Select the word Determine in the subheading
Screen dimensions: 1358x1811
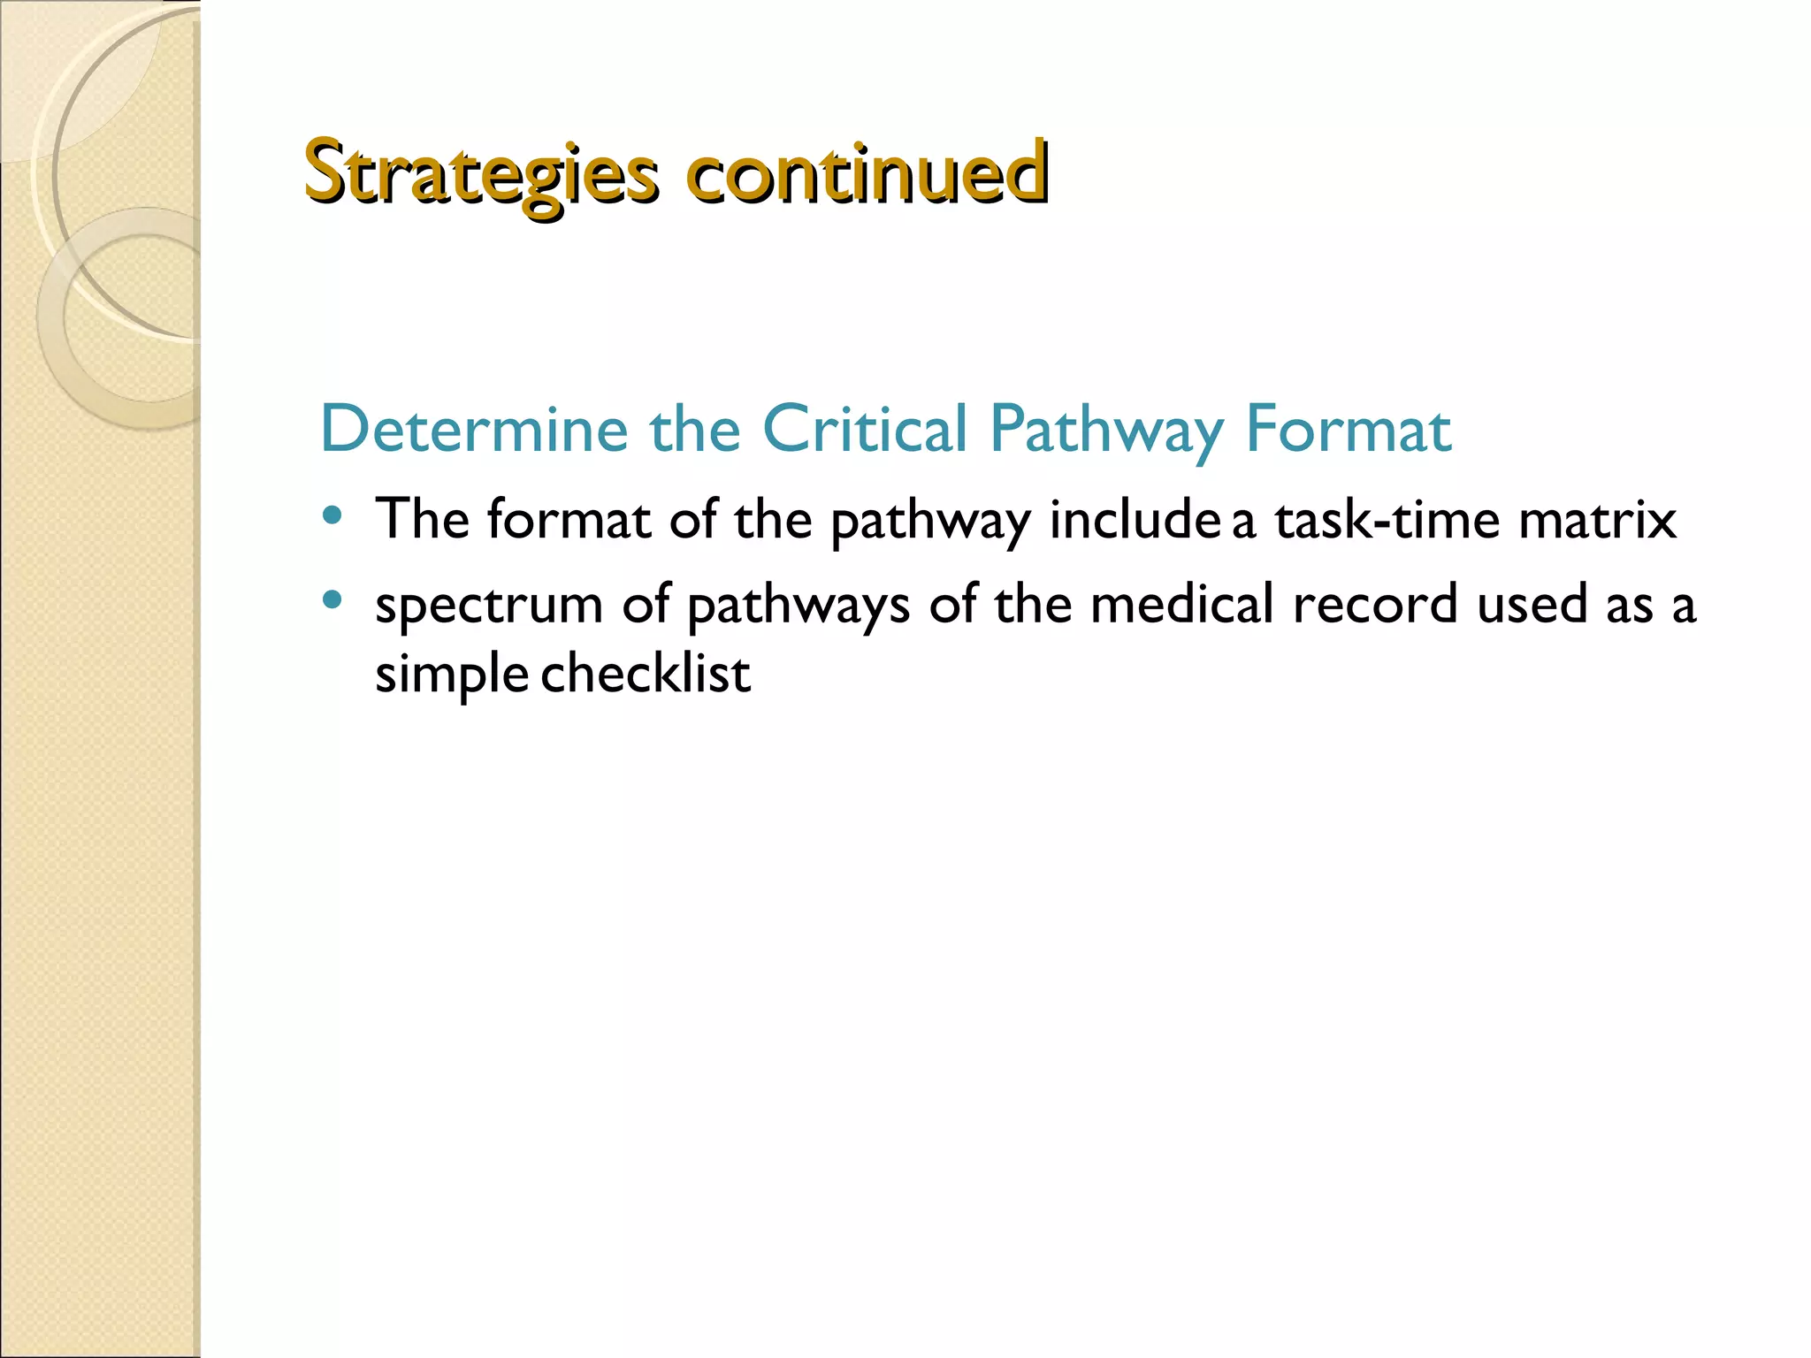[x=474, y=430]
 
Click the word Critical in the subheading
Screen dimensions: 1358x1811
[x=865, y=430]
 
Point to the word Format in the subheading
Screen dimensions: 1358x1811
[x=1348, y=430]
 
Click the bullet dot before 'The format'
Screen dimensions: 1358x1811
[x=332, y=515]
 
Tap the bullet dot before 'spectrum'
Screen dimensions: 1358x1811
[x=332, y=601]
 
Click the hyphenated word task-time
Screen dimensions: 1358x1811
[x=1387, y=519]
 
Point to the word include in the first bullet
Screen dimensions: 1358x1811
[x=1135, y=519]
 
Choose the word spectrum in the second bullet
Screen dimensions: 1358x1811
[x=489, y=607]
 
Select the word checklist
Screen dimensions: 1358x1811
[x=646, y=674]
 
